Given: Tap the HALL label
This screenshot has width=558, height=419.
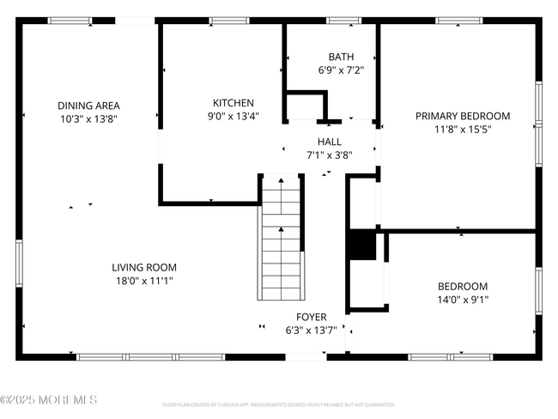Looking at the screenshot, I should point(330,142).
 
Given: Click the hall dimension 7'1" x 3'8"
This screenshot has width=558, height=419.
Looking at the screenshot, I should point(330,155).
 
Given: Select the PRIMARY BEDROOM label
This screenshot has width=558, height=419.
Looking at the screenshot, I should point(463,116).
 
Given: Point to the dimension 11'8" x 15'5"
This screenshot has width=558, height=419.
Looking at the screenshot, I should point(463,130).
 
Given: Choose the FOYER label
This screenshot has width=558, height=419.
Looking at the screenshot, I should point(311,317).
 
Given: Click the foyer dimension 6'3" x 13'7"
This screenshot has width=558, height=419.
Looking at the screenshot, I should point(311,331).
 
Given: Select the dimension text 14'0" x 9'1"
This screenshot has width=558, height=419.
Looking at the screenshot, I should point(463,300).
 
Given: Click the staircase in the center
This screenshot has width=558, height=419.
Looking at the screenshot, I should point(281,236).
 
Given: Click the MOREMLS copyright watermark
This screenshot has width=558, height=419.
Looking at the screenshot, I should point(49,400).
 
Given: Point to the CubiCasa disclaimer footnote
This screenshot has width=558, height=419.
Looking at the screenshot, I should point(279,404).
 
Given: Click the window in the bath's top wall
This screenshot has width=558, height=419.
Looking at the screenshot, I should point(343,21).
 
